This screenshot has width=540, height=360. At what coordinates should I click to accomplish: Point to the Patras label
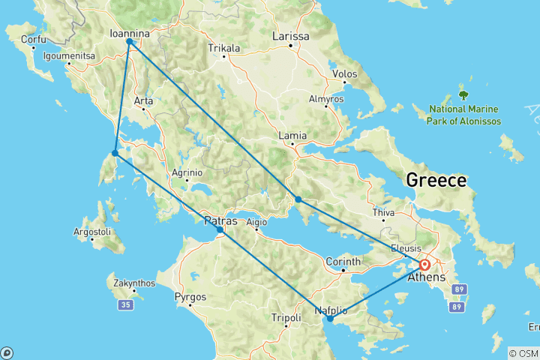221,221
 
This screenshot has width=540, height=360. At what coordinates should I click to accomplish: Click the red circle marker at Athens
424,264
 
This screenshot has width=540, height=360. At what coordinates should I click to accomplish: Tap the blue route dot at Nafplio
330,319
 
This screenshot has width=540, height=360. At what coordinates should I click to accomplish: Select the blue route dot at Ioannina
130,42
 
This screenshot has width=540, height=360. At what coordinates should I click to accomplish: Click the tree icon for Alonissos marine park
463,95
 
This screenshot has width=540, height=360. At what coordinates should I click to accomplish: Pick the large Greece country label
436,180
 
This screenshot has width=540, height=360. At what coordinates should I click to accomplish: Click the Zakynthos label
134,283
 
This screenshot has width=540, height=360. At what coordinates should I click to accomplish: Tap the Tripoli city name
286,317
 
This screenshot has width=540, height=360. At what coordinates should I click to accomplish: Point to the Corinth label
344,261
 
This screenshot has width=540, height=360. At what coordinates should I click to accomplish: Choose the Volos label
344,74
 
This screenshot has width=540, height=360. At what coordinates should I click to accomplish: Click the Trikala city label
224,49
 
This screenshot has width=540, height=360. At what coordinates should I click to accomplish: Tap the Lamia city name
292,136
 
